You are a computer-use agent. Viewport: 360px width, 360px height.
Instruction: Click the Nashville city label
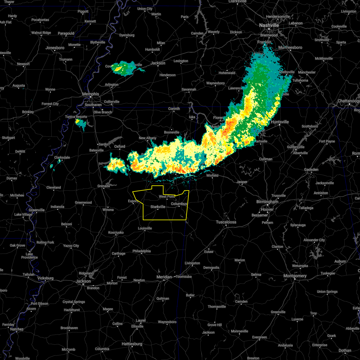tap(269, 25)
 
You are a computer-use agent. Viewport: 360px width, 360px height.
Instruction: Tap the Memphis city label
tap(91, 94)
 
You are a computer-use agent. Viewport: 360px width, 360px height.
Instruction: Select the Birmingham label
tap(267, 202)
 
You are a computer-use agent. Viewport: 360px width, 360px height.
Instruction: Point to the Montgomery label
tap(295, 276)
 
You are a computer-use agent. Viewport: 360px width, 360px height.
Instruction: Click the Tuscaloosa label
tap(226, 222)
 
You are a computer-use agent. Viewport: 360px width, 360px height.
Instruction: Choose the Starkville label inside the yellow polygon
tap(158, 207)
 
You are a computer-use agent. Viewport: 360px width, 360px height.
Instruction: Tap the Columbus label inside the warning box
tap(179, 204)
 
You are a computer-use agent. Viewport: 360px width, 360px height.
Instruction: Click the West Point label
tap(167, 197)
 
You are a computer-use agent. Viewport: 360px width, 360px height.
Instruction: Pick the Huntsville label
tap(280, 122)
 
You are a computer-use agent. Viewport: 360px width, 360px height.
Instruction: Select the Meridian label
tap(164, 277)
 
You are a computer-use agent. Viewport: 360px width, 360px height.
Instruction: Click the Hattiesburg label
tap(132, 344)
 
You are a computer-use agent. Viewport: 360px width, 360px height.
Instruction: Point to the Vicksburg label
tap(45, 278)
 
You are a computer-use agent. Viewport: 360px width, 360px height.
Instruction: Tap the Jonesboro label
tap(55, 48)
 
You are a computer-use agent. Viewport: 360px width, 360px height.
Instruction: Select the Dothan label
tap(345, 350)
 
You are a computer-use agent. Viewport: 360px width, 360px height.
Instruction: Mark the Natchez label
tap(16, 329)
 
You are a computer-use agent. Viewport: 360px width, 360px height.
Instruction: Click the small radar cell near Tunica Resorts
tap(80, 123)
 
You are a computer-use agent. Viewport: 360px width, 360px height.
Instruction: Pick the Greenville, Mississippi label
tap(37, 210)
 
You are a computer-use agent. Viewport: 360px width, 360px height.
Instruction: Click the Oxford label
tap(119, 146)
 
